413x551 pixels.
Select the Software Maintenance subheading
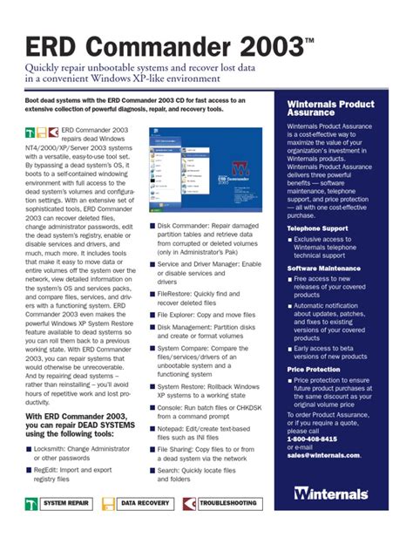tap(324, 269)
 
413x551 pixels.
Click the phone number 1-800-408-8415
tap(317, 439)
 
